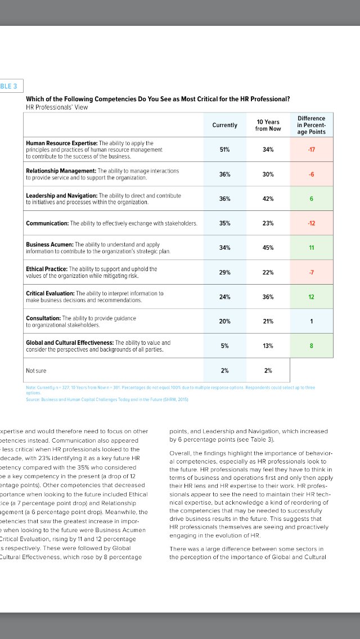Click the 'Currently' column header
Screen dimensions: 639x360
point(224,125)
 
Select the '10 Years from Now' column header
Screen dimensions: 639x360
point(268,125)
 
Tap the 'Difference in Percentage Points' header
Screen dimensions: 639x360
point(311,125)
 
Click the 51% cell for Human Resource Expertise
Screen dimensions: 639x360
point(224,150)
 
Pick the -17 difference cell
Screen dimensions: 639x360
point(311,150)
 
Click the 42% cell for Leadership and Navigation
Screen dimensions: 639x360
point(268,199)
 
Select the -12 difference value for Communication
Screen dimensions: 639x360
point(311,223)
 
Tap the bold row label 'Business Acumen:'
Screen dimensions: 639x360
point(50,245)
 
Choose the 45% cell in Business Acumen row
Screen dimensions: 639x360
point(268,247)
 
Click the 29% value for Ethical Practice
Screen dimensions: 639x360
point(224,272)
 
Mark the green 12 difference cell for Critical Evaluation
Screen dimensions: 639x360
point(311,296)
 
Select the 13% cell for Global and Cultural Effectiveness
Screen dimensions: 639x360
point(268,345)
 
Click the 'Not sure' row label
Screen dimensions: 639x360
point(37,370)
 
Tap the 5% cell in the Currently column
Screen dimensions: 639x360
point(224,345)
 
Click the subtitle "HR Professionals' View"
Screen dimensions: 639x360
point(57,107)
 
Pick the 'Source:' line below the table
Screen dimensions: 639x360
point(107,399)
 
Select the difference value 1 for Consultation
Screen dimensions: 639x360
point(311,321)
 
